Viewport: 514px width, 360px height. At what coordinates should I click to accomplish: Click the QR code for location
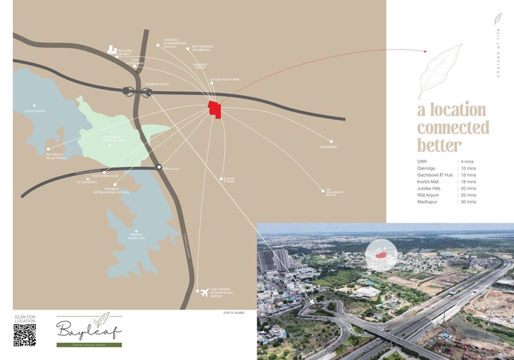[x=24, y=334]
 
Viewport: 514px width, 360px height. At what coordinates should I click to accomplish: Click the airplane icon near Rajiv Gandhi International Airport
[x=204, y=293]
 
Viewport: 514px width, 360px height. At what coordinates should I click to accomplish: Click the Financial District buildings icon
[x=113, y=50]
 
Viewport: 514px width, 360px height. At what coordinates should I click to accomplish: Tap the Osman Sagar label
[x=34, y=110]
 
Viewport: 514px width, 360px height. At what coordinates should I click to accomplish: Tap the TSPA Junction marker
[x=159, y=167]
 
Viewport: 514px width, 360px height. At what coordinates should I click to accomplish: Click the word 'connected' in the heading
[x=453, y=128]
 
